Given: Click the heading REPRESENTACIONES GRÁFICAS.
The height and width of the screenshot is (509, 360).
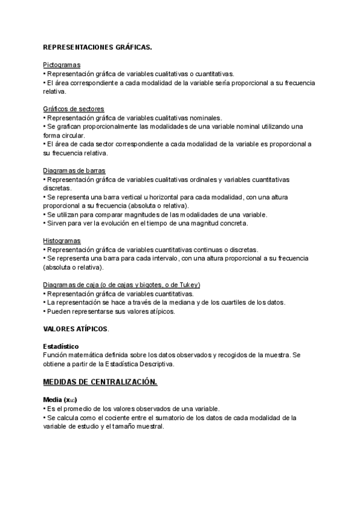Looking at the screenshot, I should pos(97,46).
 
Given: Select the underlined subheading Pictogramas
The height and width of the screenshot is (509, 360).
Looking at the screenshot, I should pos(62,64).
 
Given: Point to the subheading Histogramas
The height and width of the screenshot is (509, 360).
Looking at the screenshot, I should pos(62,240).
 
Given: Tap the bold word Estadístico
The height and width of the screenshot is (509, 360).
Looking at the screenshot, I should pos(61,346).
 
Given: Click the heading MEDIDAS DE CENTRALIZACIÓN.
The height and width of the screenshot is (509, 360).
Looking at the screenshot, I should pos(100,382).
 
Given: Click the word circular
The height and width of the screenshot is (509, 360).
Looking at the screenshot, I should pos(71,136).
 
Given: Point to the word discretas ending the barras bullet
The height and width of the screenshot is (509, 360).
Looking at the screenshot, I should pos(58,188).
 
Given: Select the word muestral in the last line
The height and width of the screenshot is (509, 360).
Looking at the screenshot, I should pos(148,426).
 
